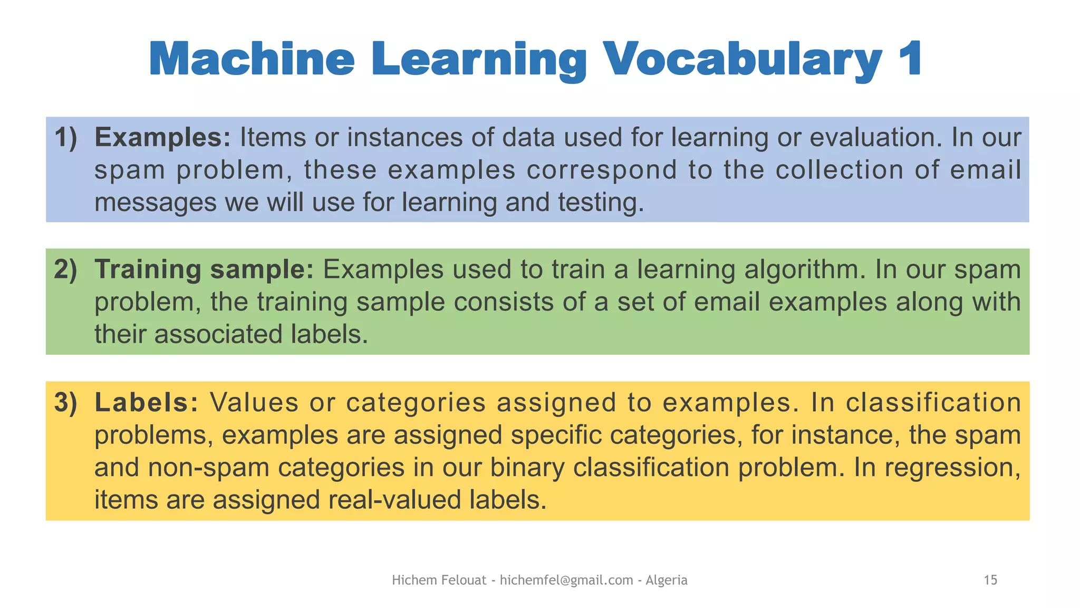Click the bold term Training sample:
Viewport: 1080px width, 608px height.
tap(204, 270)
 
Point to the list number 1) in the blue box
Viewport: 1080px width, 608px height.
tap(66, 138)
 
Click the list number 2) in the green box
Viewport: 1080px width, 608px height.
tap(66, 270)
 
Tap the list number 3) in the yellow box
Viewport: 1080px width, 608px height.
tap(66, 403)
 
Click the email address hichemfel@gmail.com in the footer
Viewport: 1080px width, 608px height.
tap(566, 581)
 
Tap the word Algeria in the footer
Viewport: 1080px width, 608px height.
tap(667, 581)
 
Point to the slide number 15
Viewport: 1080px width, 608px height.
tap(990, 581)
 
